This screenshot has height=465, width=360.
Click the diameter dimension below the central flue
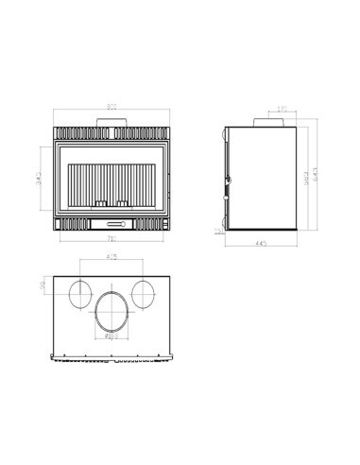(x=111, y=336)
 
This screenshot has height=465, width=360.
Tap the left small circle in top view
(x=82, y=293)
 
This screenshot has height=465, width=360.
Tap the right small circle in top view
(x=144, y=293)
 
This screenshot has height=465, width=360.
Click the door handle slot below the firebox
(x=114, y=224)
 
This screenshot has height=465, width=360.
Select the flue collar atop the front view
(x=112, y=121)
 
